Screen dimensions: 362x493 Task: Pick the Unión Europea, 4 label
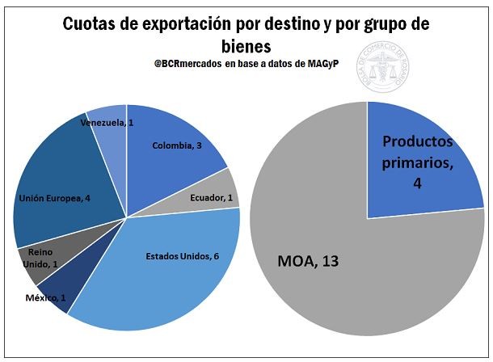pos(48,197)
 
